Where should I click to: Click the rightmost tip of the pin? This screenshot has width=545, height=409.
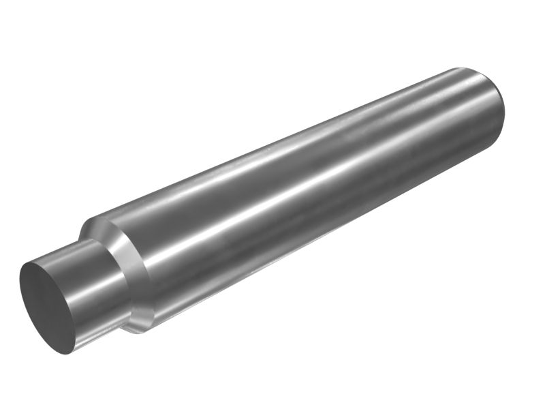click(505, 109)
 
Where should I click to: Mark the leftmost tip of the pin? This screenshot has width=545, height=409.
click(20, 286)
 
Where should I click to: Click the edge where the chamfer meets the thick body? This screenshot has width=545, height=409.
click(146, 273)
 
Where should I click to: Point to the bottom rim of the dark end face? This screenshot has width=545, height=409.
click(68, 350)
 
